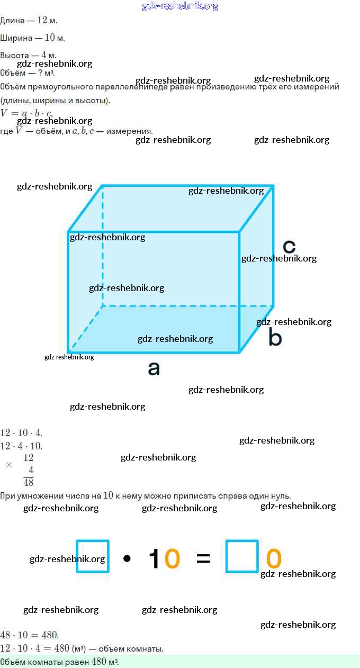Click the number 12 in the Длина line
pos(42,21)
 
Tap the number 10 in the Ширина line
pos(50,38)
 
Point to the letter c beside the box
pos(289,246)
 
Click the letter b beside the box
pos(274,337)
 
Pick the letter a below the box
pos(154,368)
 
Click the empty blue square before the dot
pos(93,556)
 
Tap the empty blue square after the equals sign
pos(242,556)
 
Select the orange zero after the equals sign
pos(273,558)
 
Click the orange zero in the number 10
pos(172,558)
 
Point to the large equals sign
pos(203,558)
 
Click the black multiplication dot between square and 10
pos(127,558)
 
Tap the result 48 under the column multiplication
pos(29,482)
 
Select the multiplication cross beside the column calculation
pos(9,465)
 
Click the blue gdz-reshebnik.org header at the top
pos(180,6)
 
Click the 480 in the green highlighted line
pos(99,662)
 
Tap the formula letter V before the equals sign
pos(4,113)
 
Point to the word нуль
pos(280,496)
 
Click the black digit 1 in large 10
pos(155,558)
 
